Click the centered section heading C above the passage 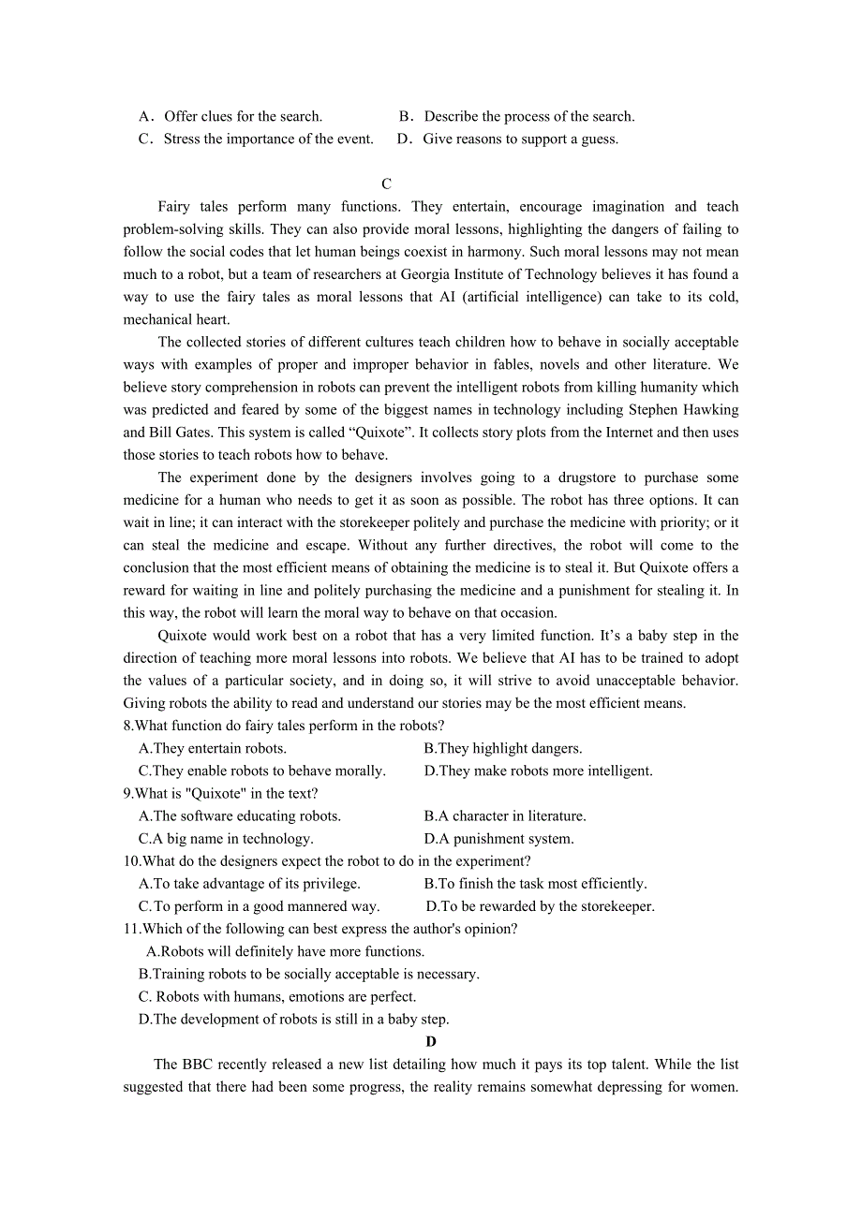pos(386,184)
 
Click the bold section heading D pos(431,1042)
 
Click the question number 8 pos(127,726)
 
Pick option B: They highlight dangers pos(503,748)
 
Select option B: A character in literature pos(505,816)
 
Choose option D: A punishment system pos(498,839)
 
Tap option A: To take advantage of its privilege pos(249,884)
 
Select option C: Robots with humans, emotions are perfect pos(277,997)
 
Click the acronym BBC pos(198,1065)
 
